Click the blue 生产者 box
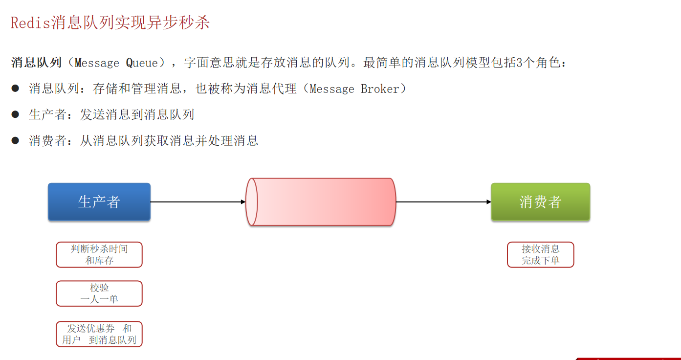point(99,202)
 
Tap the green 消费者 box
point(540,202)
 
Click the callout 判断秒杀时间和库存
point(99,254)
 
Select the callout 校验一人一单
point(99,293)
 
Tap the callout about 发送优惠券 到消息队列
point(99,334)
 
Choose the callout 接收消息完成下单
point(540,254)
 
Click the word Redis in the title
point(30,23)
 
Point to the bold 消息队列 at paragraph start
point(36,63)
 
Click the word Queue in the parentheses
point(142,63)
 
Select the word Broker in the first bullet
point(380,89)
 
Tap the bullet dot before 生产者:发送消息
point(15,114)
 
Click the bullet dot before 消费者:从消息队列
point(15,141)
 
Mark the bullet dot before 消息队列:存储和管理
point(15,89)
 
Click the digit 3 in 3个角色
point(520,63)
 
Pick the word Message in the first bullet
point(332,89)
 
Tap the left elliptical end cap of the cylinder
point(252,202)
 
